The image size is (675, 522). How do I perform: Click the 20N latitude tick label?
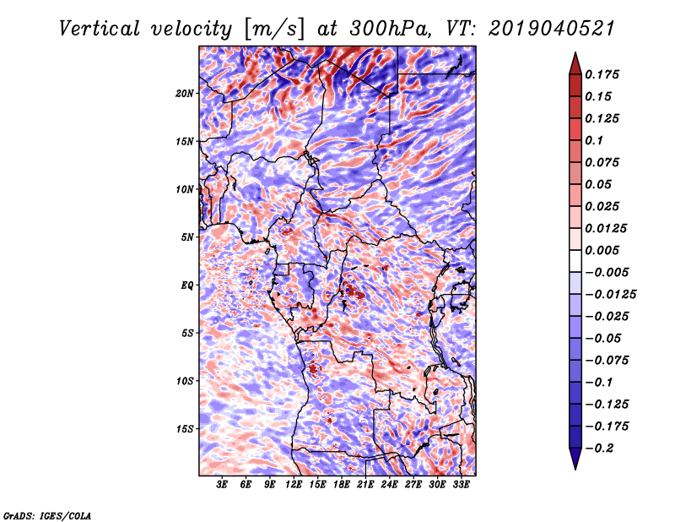(x=185, y=94)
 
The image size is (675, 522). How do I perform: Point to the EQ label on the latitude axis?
(x=187, y=285)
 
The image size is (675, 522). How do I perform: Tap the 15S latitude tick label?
(x=185, y=429)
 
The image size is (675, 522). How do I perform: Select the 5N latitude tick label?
(x=187, y=237)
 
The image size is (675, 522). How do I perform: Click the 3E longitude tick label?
(x=222, y=485)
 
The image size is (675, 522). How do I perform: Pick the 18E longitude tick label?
(x=342, y=485)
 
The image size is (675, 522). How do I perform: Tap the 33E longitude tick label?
(x=461, y=485)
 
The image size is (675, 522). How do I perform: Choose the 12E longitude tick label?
(x=294, y=485)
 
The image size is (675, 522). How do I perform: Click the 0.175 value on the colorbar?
(x=602, y=74)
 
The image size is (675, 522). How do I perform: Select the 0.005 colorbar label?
(x=602, y=250)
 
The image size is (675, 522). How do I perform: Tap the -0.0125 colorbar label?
(x=610, y=295)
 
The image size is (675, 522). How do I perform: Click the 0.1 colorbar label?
(x=594, y=140)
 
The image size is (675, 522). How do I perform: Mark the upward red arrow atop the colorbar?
(x=575, y=63)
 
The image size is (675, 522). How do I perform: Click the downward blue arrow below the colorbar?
(x=575, y=459)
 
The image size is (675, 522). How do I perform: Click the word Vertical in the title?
(x=100, y=29)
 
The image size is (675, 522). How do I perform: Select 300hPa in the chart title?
(x=390, y=29)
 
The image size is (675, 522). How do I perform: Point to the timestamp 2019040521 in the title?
(x=552, y=29)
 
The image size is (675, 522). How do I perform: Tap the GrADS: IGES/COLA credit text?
(x=47, y=515)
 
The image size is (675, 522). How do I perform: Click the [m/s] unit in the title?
(x=273, y=30)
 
